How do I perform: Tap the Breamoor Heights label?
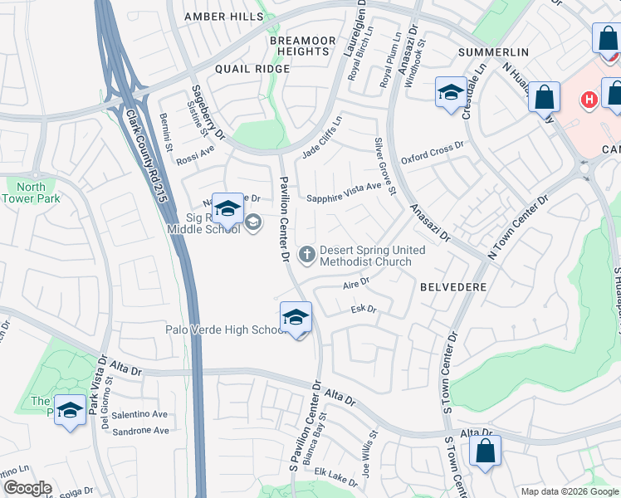click(x=303, y=46)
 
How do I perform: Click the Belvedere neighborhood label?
click(x=453, y=286)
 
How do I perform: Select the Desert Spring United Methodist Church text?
click(x=372, y=256)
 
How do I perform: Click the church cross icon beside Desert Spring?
click(x=307, y=253)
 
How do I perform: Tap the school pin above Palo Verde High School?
click(x=296, y=318)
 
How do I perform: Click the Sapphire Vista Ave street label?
click(x=343, y=193)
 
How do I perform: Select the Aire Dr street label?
click(x=355, y=285)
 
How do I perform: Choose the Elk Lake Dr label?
click(x=335, y=473)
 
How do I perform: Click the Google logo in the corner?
click(x=27, y=488)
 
